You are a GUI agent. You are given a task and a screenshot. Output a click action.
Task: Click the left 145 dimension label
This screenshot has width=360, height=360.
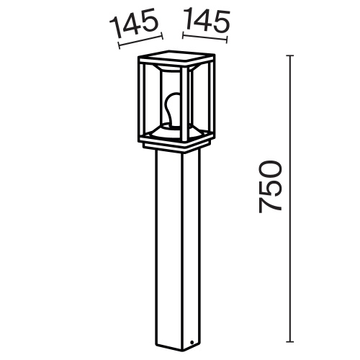(x=135, y=27)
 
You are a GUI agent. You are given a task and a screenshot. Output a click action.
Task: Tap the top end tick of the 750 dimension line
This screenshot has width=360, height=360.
(x=291, y=55)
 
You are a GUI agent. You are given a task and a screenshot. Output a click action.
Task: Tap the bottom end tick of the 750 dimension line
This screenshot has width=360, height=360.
(x=291, y=341)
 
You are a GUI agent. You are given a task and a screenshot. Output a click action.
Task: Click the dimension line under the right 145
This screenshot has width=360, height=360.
(x=203, y=37)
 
